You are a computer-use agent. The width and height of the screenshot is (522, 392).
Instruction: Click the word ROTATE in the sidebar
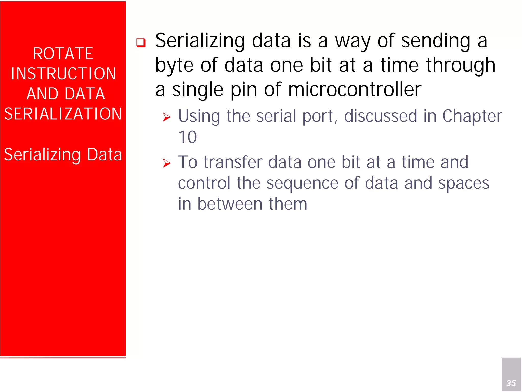point(63,54)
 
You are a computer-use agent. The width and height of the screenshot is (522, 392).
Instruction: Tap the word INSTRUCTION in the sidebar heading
point(63,74)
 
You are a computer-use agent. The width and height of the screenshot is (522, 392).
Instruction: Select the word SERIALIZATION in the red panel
point(63,114)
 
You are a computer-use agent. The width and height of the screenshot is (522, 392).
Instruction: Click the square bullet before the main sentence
point(141,42)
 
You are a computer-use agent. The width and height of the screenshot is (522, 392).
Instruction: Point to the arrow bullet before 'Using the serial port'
point(167,117)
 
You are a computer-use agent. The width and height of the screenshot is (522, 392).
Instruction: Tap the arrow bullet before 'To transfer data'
point(167,163)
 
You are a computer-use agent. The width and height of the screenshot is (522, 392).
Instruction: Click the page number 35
point(511,383)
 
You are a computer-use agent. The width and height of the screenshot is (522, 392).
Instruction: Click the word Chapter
point(472,116)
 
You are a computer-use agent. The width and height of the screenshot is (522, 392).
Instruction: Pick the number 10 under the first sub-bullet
point(188,137)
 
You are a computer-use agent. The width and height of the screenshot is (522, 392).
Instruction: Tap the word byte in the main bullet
point(174,65)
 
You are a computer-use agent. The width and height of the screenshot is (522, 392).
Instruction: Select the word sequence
point(302,183)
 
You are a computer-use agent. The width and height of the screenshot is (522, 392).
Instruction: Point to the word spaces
point(463,183)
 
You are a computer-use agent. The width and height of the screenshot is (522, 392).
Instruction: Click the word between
point(230,204)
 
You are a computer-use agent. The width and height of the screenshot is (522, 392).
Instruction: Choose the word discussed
point(381,116)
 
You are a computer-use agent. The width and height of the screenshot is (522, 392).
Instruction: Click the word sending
point(436,41)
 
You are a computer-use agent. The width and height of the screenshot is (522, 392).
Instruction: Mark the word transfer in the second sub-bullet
point(233,162)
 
